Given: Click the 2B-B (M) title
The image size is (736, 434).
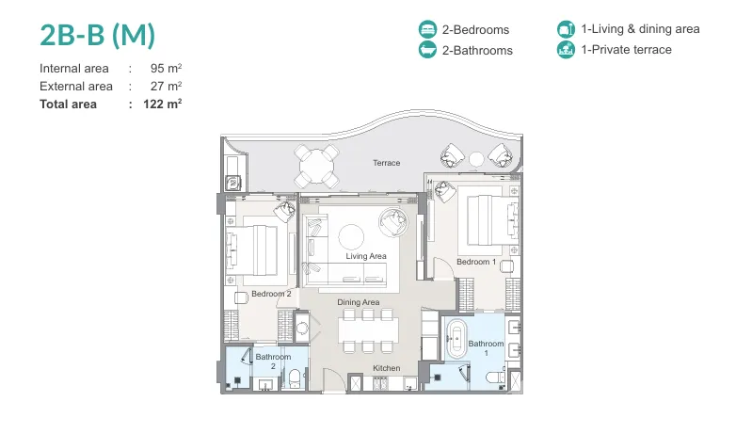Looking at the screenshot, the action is pos(97,35).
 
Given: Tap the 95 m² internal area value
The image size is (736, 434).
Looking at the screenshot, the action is pos(167,68).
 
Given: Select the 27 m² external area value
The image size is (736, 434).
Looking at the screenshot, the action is pos(167,86).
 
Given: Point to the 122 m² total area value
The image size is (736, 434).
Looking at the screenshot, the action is pos(163,104).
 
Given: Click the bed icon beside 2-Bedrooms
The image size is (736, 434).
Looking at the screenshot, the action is pos(427,29).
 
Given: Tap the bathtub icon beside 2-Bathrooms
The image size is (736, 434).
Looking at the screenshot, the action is pos(427,50).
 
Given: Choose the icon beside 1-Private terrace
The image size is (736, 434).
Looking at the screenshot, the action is pos(566,49).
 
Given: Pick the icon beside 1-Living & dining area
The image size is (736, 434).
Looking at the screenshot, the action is pos(566,28).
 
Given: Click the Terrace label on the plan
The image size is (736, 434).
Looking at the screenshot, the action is pos(386,163).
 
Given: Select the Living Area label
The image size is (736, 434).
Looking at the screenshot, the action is pos(366,256).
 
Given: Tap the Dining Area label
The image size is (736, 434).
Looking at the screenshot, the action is pos(359,302).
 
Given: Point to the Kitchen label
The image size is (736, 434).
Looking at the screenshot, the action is pos(386,368).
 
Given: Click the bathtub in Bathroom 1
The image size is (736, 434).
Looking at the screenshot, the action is pos(456,339).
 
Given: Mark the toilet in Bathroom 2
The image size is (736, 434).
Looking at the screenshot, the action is pos(295,378).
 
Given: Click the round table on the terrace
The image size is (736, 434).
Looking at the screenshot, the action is pos(317,167).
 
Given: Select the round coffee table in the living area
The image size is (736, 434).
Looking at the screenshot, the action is pos(351,236).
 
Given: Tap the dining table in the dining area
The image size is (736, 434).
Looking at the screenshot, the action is pos(368,330).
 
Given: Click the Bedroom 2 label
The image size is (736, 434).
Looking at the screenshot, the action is pos(271,294).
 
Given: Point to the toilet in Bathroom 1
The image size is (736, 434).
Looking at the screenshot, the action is pos(495,378).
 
